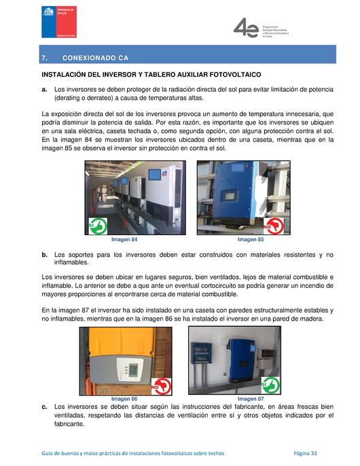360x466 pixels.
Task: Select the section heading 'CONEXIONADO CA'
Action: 95,58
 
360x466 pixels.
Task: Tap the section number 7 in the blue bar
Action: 44,58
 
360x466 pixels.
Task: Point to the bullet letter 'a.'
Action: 44,89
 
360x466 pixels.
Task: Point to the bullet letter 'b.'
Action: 44,255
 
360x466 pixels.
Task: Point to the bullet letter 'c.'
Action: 44,406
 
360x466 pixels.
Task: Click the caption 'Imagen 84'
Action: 124,240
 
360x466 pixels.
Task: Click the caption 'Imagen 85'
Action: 251,240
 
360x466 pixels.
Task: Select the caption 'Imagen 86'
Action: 124,399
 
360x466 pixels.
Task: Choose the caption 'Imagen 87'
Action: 251,399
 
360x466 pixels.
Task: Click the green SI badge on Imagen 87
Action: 270,385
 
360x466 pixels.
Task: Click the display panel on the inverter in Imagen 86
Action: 133,369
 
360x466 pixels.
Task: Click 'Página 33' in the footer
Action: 305,453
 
